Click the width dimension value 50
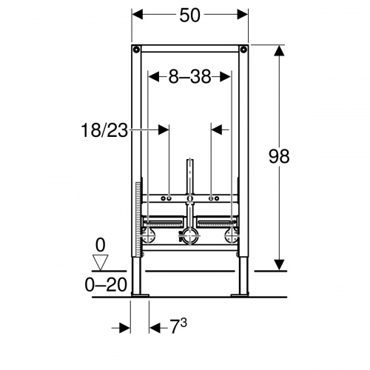189,15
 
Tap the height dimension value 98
279,156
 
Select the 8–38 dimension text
189,76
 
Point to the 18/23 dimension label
104,130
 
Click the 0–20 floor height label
106,285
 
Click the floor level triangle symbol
100,262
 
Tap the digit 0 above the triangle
100,245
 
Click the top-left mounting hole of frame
136,50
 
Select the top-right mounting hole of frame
243,50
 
